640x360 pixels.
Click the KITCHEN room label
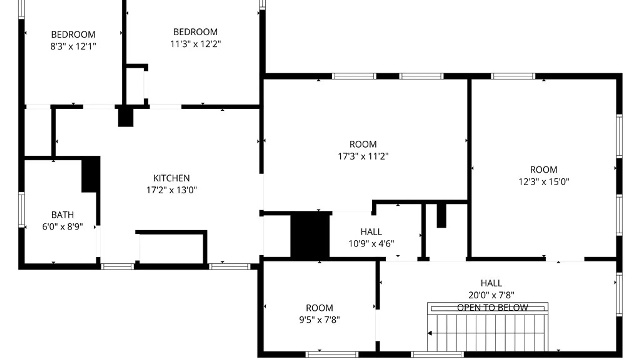click(171, 178)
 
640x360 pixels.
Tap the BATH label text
click(62, 215)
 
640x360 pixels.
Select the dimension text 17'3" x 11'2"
click(363, 156)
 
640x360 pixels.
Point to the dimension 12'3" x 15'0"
click(544, 182)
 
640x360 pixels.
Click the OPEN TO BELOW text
click(492, 307)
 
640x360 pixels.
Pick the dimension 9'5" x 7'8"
click(319, 320)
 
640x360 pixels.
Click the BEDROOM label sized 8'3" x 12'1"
click(73, 34)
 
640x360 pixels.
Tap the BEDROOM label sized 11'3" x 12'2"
click(195, 32)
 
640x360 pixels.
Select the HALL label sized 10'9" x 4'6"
click(371, 232)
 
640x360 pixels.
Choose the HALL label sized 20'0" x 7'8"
click(491, 283)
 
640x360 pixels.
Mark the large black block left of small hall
click(310, 235)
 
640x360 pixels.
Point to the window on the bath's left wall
click(21, 210)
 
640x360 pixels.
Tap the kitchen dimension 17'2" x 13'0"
click(171, 190)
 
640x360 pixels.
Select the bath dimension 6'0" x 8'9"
click(62, 227)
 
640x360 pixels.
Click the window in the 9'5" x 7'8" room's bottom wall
click(332, 354)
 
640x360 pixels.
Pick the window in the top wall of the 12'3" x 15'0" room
click(513, 76)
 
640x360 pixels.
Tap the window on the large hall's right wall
click(619, 294)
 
